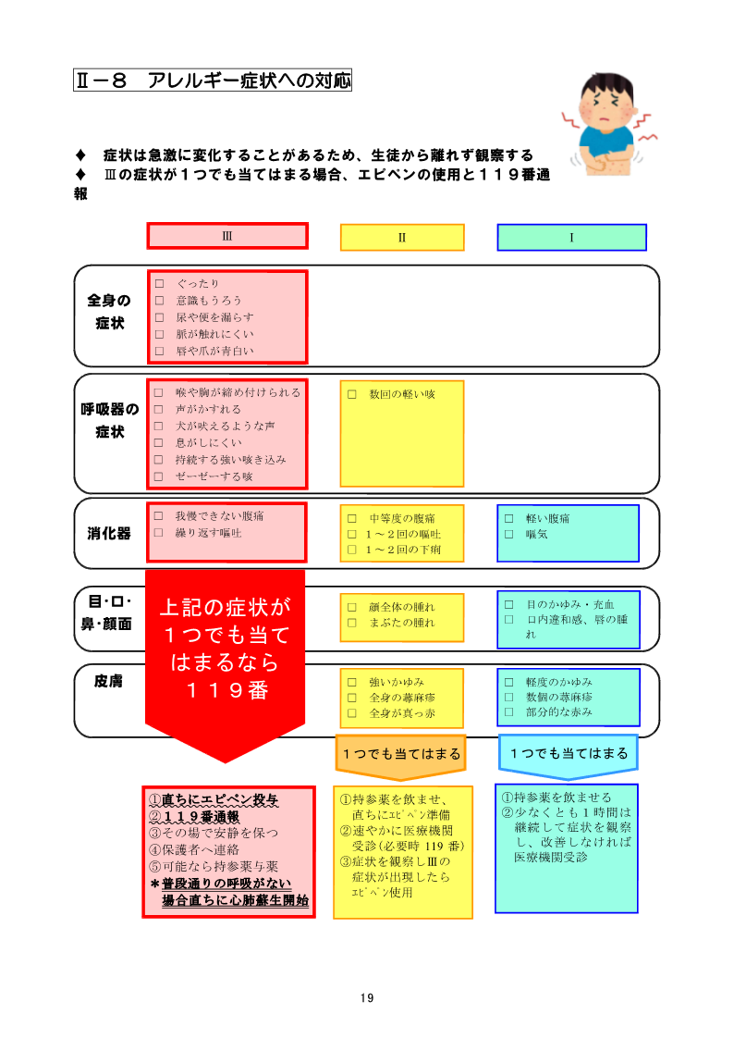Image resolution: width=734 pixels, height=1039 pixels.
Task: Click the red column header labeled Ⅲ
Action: pos(227,236)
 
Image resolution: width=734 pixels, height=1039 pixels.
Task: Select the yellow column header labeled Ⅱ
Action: pos(402,237)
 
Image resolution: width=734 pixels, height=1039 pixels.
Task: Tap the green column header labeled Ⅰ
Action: pos(572,237)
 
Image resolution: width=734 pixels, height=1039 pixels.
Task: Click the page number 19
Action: pos(367,998)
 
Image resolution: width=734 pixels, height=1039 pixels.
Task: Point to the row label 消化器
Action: pos(109,534)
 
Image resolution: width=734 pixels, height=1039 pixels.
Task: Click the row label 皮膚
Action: pos(108,681)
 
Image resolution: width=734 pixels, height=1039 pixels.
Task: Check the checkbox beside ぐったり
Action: pos(160,284)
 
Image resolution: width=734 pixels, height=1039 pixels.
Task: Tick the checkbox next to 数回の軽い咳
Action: pos(352,394)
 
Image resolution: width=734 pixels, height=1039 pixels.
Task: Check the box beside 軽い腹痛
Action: pos(509,518)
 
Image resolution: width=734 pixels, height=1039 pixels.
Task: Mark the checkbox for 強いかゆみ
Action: pos(352,682)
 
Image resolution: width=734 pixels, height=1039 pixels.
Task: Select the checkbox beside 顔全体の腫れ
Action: pos(352,607)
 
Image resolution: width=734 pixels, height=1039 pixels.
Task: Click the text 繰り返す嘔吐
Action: pos(209,533)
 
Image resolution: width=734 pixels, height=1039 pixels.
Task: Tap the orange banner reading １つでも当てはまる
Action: pos(401,754)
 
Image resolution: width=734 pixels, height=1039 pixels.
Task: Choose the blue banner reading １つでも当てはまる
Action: pos(569,754)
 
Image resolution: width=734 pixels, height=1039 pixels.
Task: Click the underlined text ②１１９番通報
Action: pos(194,817)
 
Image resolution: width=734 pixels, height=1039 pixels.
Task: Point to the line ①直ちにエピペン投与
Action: pos(214,800)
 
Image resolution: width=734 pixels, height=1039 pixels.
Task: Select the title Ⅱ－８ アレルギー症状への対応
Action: pos(213,80)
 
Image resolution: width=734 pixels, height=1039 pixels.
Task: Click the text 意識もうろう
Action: pos(209,300)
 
